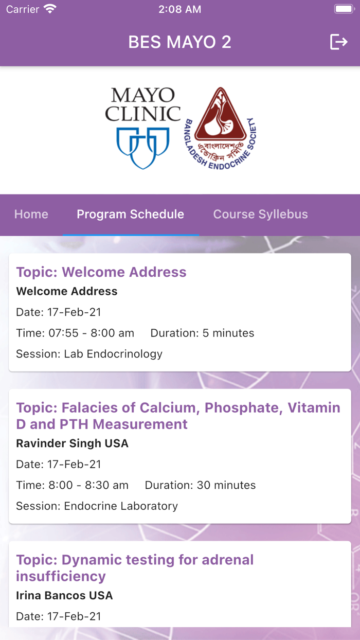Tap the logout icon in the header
(x=339, y=42)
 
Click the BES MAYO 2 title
(x=179, y=42)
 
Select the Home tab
(x=31, y=215)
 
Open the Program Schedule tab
(x=131, y=215)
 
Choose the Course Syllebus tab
(x=261, y=215)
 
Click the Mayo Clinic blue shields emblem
(x=143, y=148)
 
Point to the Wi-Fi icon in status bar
(x=50, y=9)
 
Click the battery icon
(x=344, y=9)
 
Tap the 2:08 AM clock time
(x=179, y=9)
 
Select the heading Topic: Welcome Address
(x=101, y=272)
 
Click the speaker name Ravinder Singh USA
(x=73, y=443)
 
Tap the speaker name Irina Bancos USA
(x=64, y=595)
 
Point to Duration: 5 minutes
(x=202, y=333)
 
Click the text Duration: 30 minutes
(x=200, y=485)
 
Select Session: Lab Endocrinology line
(x=89, y=354)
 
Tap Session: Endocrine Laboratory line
(x=97, y=506)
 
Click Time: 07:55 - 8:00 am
(x=75, y=333)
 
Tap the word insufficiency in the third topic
(x=61, y=577)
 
